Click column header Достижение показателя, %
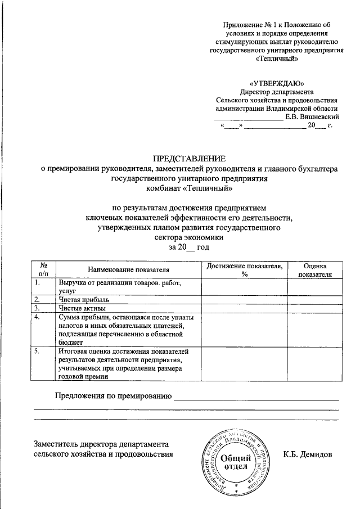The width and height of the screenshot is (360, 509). coord(244,270)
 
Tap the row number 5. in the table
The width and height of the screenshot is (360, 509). coord(37,351)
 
